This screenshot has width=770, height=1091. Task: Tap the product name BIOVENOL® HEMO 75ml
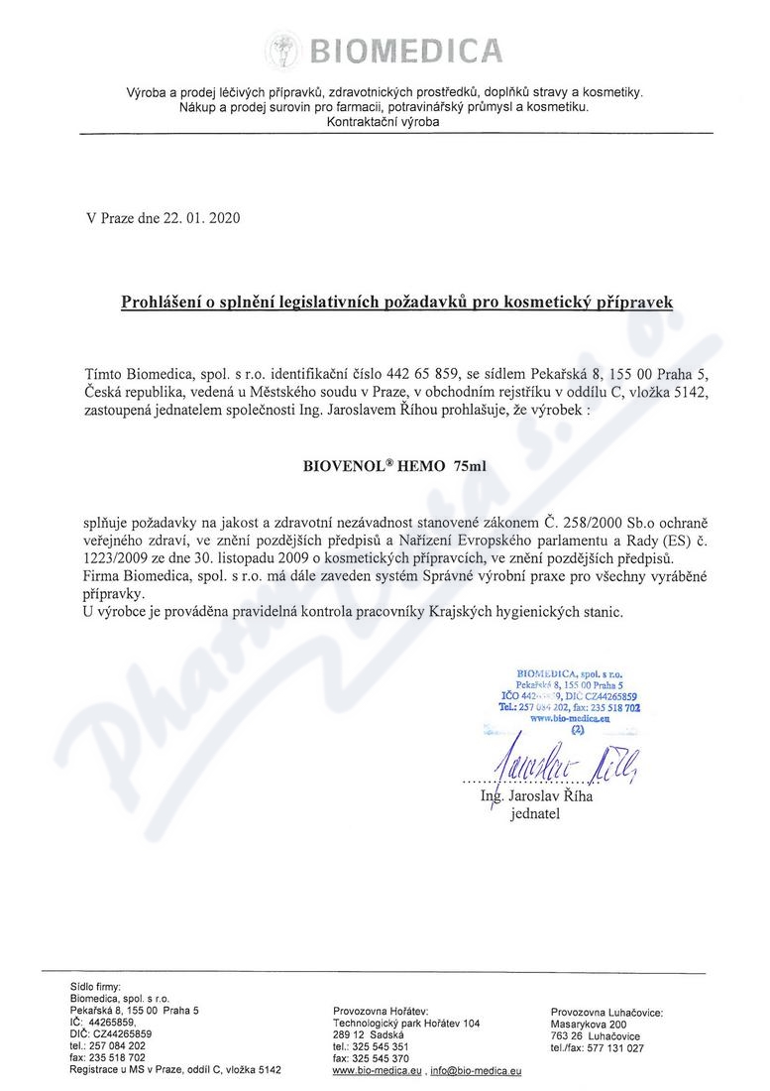click(395, 464)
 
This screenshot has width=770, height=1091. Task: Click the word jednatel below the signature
click(534, 815)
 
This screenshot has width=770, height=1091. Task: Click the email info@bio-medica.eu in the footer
click(477, 1071)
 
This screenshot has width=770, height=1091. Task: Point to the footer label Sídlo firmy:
click(95, 986)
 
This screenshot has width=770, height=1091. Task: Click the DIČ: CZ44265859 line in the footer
click(110, 1033)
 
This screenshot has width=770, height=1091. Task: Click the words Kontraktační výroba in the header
click(383, 121)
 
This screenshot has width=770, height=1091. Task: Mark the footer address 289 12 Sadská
click(361, 1034)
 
